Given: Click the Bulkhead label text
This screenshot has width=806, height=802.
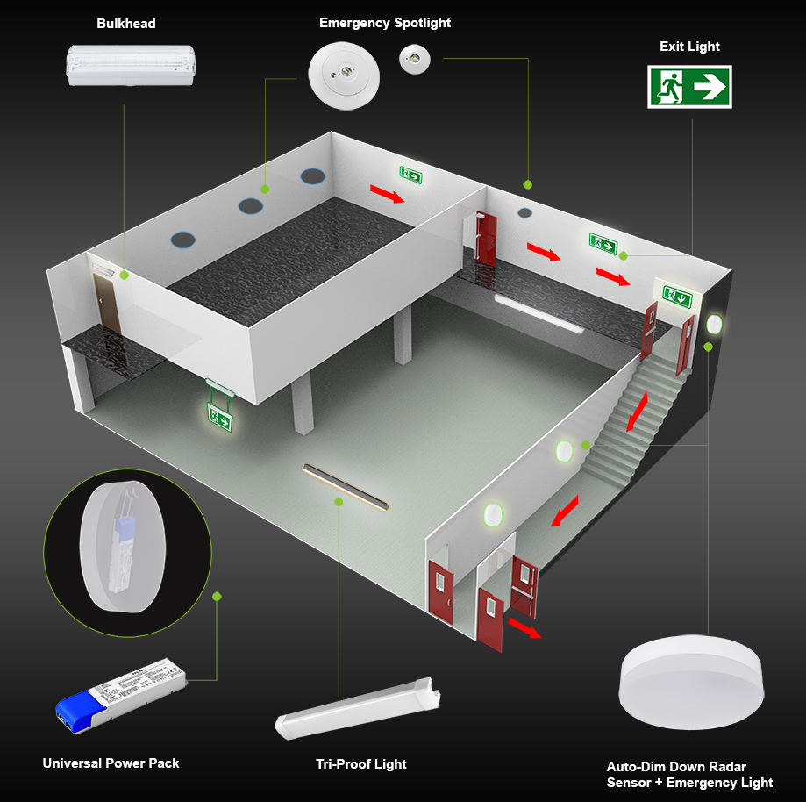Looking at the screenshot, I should point(125,24).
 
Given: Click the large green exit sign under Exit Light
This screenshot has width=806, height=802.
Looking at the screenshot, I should point(689,86).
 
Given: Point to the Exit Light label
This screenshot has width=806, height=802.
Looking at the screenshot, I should point(689,47).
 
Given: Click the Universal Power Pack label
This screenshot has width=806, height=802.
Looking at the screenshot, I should point(111,763).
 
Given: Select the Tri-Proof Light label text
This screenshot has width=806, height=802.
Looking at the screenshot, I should point(360,764).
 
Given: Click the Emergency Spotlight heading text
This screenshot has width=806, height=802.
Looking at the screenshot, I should point(385,23).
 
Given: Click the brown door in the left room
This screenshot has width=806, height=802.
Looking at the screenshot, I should point(107,302).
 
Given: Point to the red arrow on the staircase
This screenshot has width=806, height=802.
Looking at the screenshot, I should point(638,412).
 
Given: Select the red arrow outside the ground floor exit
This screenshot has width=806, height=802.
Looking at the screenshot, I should point(524,628).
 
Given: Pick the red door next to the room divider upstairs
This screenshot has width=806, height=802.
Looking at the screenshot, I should point(485,237).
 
